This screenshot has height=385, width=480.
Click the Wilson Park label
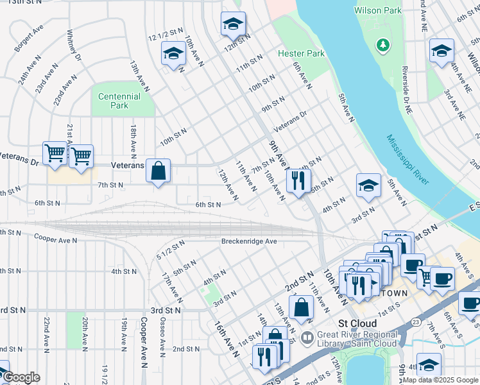point(379,10)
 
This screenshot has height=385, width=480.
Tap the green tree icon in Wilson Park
point(383,44)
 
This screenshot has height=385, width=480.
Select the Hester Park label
point(301,54)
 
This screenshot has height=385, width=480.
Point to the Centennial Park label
point(119,101)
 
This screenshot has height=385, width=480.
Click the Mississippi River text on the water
point(407,159)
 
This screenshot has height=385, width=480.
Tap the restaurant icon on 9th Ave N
point(298,180)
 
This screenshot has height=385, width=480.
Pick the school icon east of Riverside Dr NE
point(441,51)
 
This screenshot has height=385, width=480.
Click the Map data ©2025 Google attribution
point(440,380)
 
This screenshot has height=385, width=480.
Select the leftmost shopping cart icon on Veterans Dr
point(55,153)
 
